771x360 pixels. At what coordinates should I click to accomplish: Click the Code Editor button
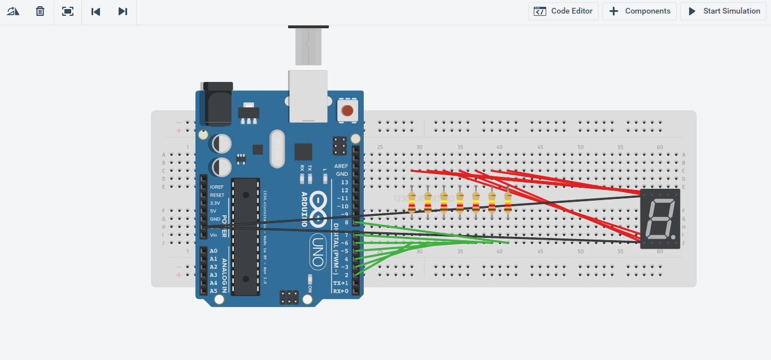(563, 11)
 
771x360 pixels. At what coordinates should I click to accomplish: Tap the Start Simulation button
(723, 11)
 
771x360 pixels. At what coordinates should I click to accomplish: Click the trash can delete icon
(40, 11)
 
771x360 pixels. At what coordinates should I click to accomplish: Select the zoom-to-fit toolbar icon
(68, 11)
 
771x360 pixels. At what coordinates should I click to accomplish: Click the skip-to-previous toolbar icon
(95, 11)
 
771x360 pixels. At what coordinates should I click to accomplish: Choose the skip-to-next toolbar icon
(123, 11)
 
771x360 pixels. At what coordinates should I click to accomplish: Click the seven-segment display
(660, 218)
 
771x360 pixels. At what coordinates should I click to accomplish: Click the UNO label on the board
(318, 252)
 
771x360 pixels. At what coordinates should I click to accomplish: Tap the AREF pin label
(341, 166)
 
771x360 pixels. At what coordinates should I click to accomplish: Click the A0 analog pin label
(214, 251)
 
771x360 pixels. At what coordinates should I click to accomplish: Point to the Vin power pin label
(214, 235)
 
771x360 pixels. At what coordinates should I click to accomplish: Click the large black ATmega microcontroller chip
(246, 236)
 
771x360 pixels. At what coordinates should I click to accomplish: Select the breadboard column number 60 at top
(660, 148)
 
